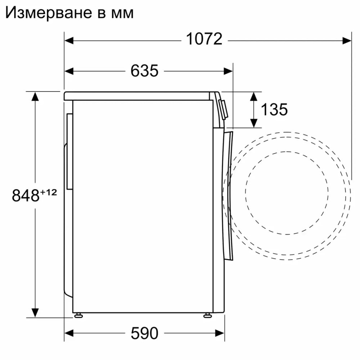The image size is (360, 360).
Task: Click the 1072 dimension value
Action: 204,39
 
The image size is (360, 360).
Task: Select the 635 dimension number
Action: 144,71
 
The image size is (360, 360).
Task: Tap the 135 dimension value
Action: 274,109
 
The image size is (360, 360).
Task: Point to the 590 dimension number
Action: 144,333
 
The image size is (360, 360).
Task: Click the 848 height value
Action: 25,195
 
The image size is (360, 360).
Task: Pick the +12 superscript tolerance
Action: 49,192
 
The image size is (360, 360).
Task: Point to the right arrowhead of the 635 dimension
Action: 228,71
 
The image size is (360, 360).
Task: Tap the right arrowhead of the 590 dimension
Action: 220,333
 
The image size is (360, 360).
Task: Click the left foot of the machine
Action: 78,315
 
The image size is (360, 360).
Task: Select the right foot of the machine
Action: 208,315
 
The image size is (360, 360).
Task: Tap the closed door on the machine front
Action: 228,194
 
